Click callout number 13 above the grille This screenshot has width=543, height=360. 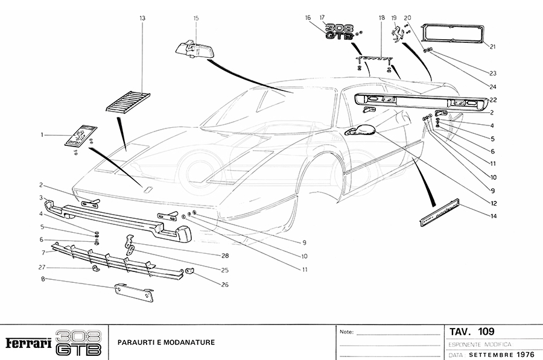pyautogui.click(x=142, y=19)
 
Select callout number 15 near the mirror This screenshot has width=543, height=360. pyautogui.click(x=196, y=19)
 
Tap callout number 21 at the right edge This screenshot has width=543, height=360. pyautogui.click(x=493, y=46)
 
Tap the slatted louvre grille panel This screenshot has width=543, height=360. pyautogui.click(x=129, y=100)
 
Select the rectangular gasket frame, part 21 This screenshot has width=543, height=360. pyautogui.click(x=453, y=34)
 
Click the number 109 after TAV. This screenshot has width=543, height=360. pyautogui.click(x=486, y=331)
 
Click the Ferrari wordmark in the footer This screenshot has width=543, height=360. pyautogui.click(x=28, y=343)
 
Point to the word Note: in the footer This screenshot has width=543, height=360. pyautogui.click(x=347, y=332)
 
